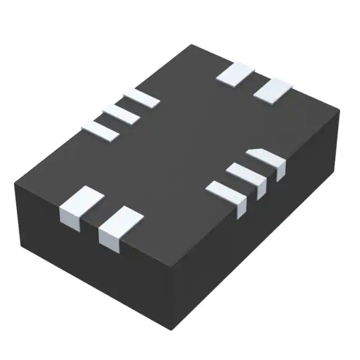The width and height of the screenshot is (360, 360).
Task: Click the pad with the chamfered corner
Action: (x=267, y=159)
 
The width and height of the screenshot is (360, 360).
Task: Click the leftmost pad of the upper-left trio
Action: (x=101, y=130)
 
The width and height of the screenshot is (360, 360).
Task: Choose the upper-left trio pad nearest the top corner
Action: (x=141, y=98)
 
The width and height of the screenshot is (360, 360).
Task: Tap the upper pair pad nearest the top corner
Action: (x=236, y=73)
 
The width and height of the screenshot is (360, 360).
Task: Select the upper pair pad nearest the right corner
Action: (x=273, y=90)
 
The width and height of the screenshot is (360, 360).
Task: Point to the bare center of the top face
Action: (x=180, y=146)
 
